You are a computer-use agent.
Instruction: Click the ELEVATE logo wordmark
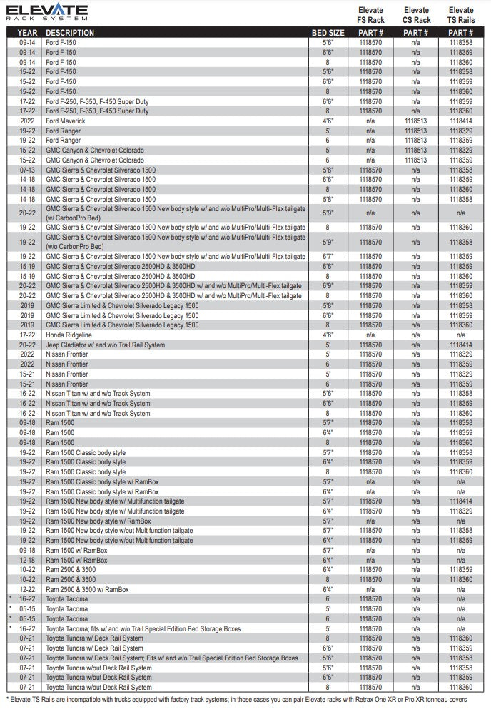[x=47, y=12]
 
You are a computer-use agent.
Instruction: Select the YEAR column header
[x=28, y=33]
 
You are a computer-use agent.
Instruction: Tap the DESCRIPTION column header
[x=70, y=33]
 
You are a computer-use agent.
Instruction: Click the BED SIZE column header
[x=328, y=33]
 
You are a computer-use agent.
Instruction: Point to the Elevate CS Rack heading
[x=416, y=15]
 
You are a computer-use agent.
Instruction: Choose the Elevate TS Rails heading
[x=461, y=15]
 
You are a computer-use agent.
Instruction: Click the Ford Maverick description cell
[x=66, y=121]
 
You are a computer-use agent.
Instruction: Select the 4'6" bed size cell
[x=328, y=121]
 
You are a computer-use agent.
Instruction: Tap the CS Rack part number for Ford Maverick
[x=415, y=121]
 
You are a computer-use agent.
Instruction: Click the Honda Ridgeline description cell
[x=69, y=335]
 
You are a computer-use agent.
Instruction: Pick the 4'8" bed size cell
[x=328, y=335]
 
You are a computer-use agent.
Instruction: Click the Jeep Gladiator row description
[x=106, y=345]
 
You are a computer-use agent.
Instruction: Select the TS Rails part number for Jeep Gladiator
[x=461, y=345]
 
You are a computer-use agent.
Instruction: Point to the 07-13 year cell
[x=28, y=170]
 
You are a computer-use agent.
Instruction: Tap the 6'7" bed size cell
[x=328, y=256]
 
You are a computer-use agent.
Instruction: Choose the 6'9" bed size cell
[x=328, y=285]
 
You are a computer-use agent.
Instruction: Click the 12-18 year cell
[x=28, y=560]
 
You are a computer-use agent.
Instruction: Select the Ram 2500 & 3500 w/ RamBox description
[x=88, y=589]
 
